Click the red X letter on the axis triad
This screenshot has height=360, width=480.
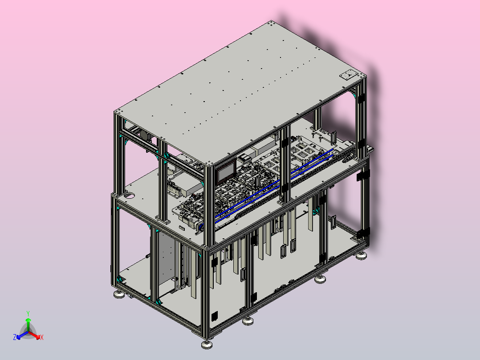click(42, 337)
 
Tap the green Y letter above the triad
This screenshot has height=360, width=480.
click(28, 313)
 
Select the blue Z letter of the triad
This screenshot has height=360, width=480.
click(15, 337)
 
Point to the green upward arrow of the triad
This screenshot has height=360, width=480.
click(28, 325)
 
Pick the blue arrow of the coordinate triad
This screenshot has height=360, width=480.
click(22, 335)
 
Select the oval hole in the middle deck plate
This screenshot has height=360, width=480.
click(130, 195)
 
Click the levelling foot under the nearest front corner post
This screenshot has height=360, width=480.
click(207, 344)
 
